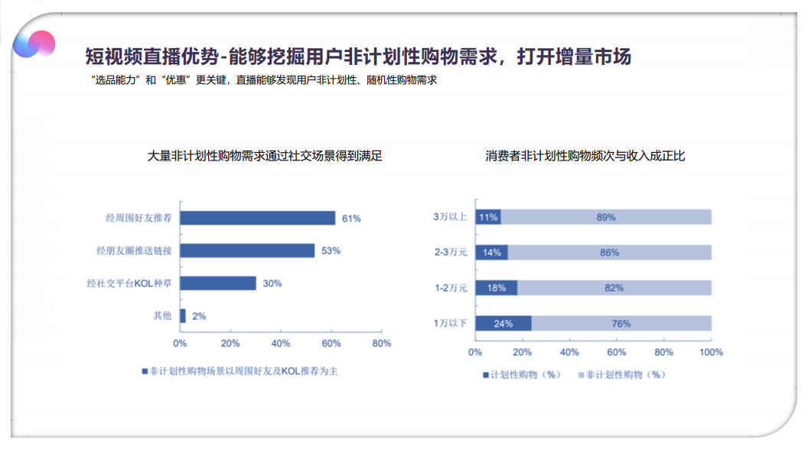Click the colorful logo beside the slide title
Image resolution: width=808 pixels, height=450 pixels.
pyautogui.click(x=34, y=44)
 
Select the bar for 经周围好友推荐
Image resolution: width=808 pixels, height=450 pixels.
pyautogui.click(x=257, y=218)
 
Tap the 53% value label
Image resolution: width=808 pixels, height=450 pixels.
pyautogui.click(x=331, y=251)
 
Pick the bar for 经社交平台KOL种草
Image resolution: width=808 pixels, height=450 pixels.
pyautogui.click(x=218, y=283)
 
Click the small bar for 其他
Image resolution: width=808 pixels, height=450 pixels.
pyautogui.click(x=183, y=316)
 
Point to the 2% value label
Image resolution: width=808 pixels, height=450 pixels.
pyautogui.click(x=198, y=316)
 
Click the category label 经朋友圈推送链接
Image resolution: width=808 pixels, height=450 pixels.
pyautogui.click(x=134, y=251)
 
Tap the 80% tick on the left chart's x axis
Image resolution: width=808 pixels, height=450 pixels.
pyautogui.click(x=381, y=343)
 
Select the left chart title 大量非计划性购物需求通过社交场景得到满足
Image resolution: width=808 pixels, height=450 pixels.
pyautogui.click(x=265, y=156)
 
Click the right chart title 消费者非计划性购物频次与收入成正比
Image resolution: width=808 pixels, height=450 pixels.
pyautogui.click(x=585, y=156)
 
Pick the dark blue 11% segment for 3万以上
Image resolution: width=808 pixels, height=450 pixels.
pyautogui.click(x=488, y=217)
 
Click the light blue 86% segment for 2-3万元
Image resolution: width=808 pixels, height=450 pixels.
pyautogui.click(x=610, y=252)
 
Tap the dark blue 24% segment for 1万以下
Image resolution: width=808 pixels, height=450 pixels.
pyautogui.click(x=503, y=323)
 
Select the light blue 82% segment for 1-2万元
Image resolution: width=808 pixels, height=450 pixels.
pyautogui.click(x=614, y=288)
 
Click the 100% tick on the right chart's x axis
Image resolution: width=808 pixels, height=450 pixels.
pyautogui.click(x=712, y=352)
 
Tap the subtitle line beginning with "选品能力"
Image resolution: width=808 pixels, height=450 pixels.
pyautogui.click(x=263, y=80)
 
